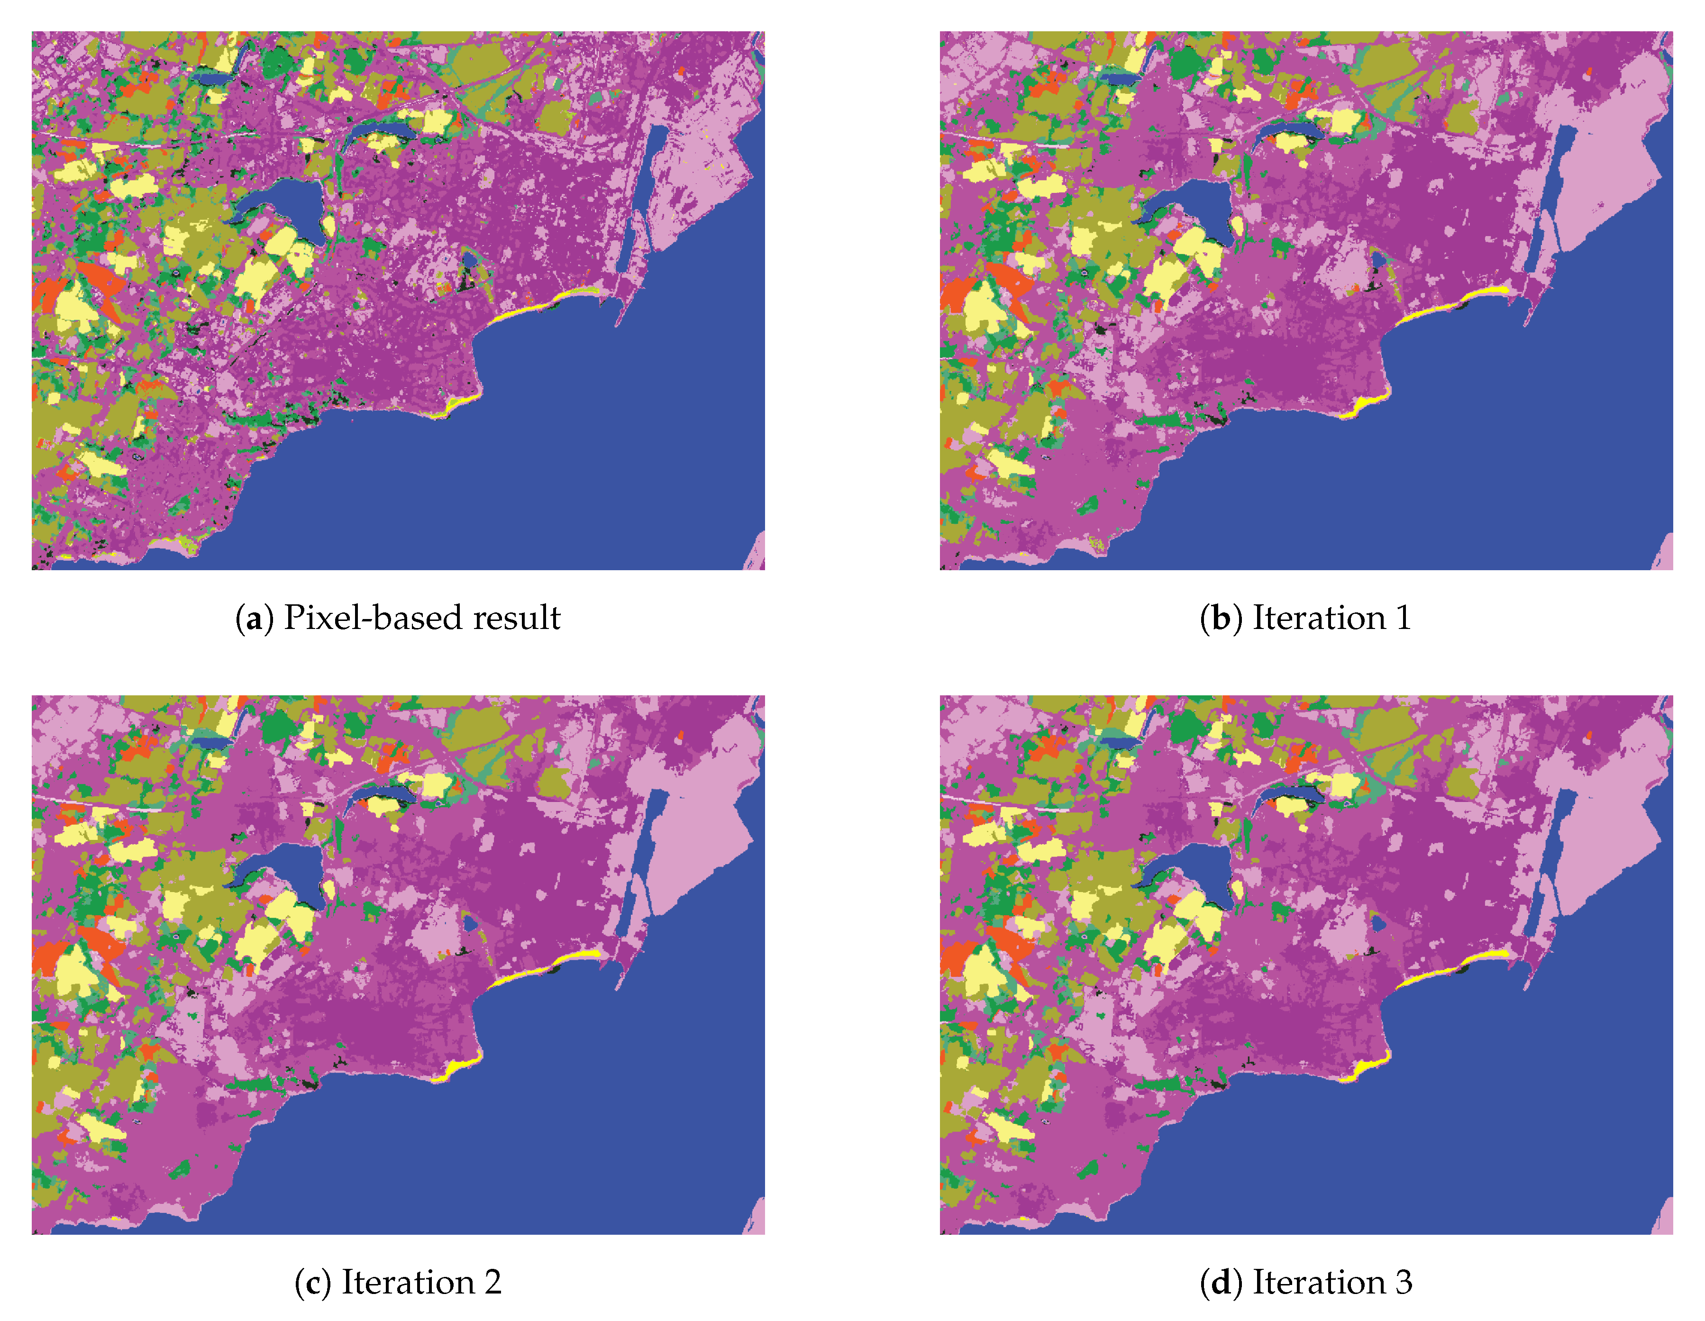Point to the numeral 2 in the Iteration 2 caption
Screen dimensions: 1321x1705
pyautogui.click(x=492, y=1282)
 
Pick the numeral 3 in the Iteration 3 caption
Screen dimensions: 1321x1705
pyautogui.click(x=1404, y=1282)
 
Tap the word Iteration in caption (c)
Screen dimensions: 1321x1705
pyautogui.click(x=408, y=1282)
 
